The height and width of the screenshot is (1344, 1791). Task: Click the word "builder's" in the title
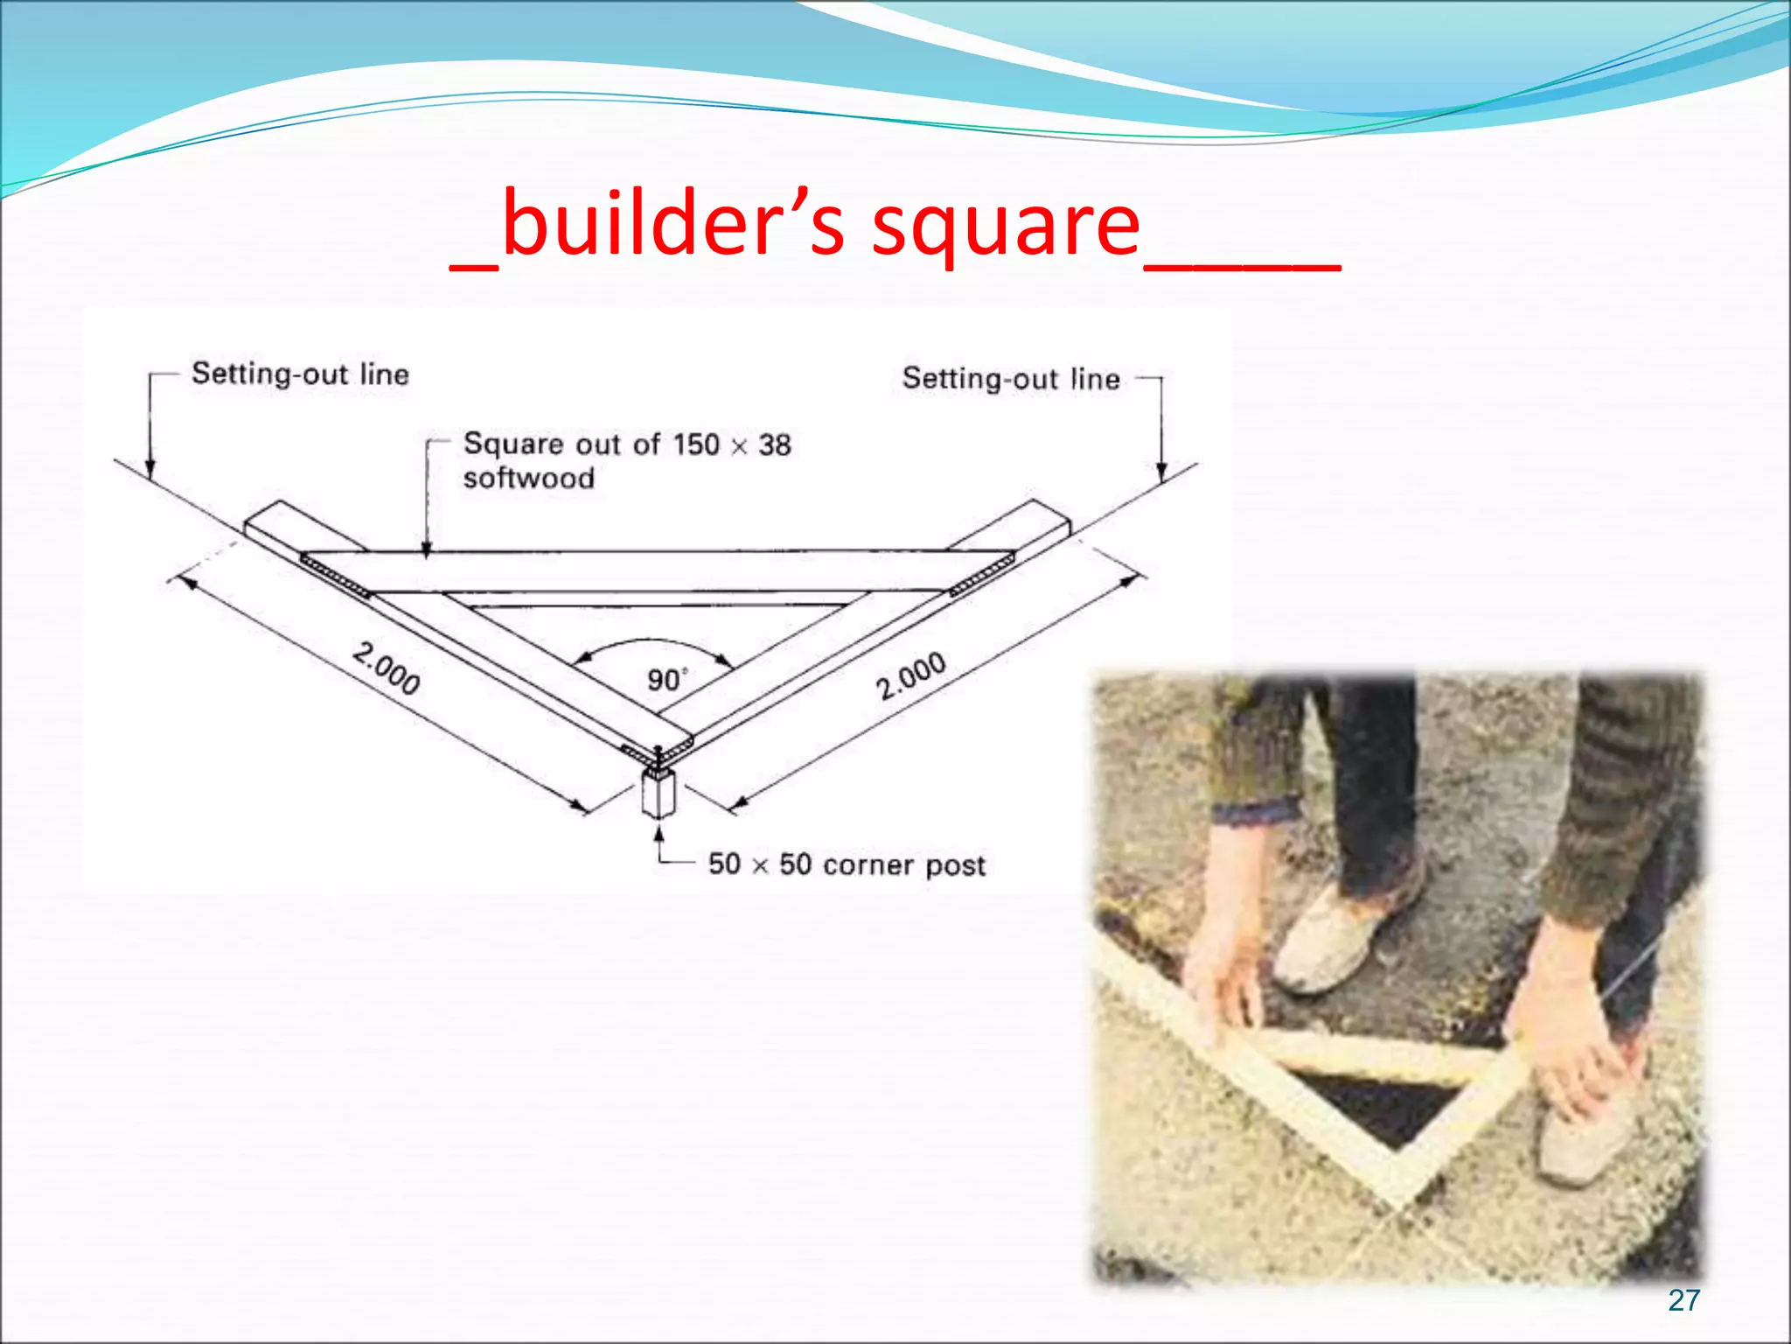pyautogui.click(x=673, y=226)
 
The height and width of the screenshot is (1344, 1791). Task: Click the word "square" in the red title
pyautogui.click(x=1006, y=229)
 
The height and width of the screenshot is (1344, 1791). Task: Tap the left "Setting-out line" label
pyautogui.click(x=300, y=374)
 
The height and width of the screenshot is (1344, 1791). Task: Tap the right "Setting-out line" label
pyautogui.click(x=1011, y=379)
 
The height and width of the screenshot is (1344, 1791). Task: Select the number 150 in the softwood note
pyautogui.click(x=696, y=444)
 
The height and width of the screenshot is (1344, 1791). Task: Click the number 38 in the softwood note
pyautogui.click(x=775, y=445)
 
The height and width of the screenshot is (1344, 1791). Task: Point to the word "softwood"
pyautogui.click(x=528, y=479)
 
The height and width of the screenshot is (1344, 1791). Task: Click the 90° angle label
pyautogui.click(x=666, y=680)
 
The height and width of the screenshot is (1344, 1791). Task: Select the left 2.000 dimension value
pyautogui.click(x=387, y=668)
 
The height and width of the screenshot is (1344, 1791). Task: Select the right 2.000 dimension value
pyautogui.click(x=911, y=675)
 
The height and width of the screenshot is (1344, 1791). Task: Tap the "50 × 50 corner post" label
pyautogui.click(x=847, y=865)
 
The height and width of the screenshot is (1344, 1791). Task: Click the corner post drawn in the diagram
pyautogui.click(x=659, y=793)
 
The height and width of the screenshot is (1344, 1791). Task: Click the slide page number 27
pyautogui.click(x=1683, y=1300)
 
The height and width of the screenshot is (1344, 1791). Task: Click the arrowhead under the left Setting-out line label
pyautogui.click(x=150, y=470)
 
